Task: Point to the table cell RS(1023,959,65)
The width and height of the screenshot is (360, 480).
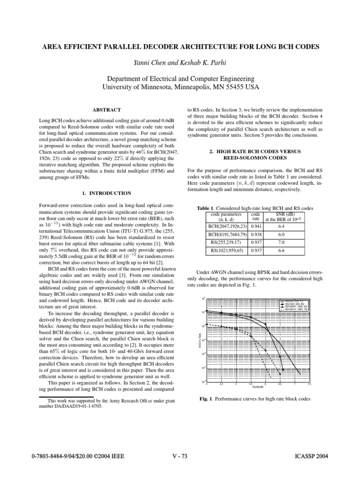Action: tap(227, 250)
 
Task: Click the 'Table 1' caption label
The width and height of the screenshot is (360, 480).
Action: tap(208, 208)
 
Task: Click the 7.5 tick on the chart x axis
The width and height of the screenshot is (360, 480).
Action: tap(309, 384)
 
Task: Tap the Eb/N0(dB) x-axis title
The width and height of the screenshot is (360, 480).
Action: tap(258, 387)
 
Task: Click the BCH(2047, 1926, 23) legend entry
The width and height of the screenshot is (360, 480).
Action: tap(296, 307)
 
